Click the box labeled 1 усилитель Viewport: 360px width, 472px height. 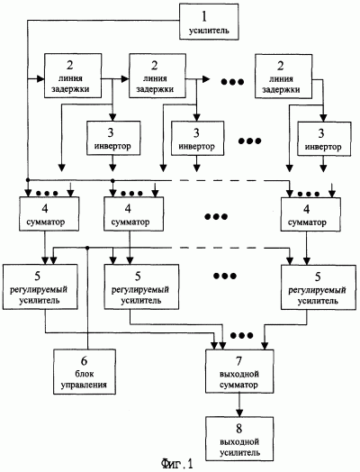pyautogui.click(x=209, y=22)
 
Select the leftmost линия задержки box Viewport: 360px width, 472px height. pyautogui.click(x=73, y=76)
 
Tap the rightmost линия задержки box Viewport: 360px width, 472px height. pyautogui.click(x=283, y=77)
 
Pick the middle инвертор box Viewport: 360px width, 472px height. pyautogui.click(x=197, y=138)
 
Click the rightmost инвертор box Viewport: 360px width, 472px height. pyautogui.click(x=324, y=139)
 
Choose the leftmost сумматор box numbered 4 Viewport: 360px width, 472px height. pyautogui.click(x=49, y=213)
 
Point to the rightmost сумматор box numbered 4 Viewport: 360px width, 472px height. pyautogui.click(x=310, y=214)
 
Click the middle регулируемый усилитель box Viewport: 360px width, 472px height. pyautogui.click(x=141, y=286)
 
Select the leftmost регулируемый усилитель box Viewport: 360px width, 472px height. pyautogui.click(x=40, y=286)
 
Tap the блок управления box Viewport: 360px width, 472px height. pyautogui.click(x=85, y=372)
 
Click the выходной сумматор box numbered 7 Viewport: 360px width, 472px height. pyautogui.click(x=239, y=371)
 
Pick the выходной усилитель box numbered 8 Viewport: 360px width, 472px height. pyautogui.click(x=239, y=439)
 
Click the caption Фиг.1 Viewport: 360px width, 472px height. pyautogui.click(x=176, y=464)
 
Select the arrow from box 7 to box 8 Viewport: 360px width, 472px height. pyautogui.click(x=239, y=404)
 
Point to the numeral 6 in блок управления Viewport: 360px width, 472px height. pyautogui.click(x=85, y=360)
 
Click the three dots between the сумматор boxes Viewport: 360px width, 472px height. pyautogui.click(x=216, y=216)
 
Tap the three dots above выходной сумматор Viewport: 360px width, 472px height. pyautogui.click(x=241, y=335)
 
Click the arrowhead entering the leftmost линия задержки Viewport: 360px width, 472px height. pyautogui.click(x=40, y=79)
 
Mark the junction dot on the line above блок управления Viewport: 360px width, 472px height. pyautogui.click(x=87, y=248)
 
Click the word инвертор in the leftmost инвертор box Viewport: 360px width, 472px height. pyautogui.click(x=112, y=146)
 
